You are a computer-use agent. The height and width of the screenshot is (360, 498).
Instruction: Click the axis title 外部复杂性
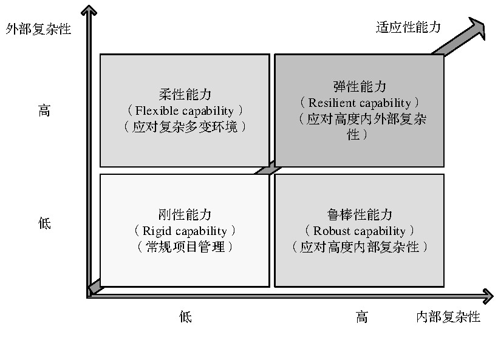coord(38,29)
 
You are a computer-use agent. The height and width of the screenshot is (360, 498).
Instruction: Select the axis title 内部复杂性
coord(448,317)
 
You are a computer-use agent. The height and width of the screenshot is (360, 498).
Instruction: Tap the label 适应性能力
coord(409,27)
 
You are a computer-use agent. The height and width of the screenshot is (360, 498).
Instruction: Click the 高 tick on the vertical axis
coord(44,111)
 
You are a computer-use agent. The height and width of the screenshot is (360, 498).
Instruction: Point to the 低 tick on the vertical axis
coord(44,223)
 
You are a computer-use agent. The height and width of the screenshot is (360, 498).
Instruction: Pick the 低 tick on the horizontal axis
coord(185,316)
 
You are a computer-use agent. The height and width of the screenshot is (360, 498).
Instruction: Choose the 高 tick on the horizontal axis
coord(362,317)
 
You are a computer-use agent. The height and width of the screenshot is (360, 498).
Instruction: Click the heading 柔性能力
coord(185,94)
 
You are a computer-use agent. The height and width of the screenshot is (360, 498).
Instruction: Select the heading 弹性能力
coord(360,86)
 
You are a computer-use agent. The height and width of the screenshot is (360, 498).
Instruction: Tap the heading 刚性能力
coord(185,214)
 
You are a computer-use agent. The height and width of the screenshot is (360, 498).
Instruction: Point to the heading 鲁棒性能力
coord(360,214)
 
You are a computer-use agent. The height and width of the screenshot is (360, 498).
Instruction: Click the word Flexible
coord(157,110)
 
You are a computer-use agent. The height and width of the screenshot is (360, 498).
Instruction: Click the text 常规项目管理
coord(185,247)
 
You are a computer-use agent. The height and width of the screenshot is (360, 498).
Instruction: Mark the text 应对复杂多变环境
coord(185,127)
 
